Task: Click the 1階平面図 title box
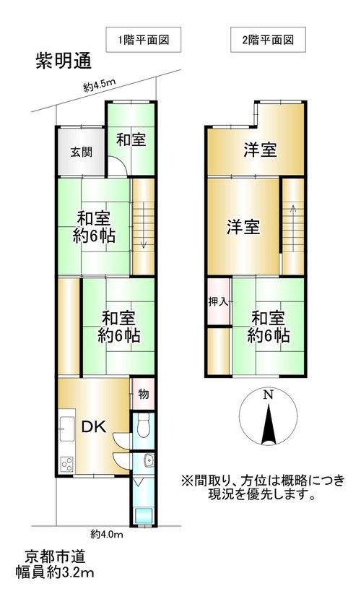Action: click(144, 40)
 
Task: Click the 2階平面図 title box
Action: click(268, 40)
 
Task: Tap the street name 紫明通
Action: click(64, 61)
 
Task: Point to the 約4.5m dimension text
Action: click(100, 85)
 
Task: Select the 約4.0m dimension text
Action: click(107, 535)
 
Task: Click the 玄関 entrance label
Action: click(82, 152)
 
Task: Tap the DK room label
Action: click(94, 426)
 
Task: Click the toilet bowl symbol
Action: click(144, 426)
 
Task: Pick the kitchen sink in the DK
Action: click(67, 429)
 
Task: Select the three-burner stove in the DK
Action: click(66, 464)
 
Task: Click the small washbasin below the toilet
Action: click(148, 461)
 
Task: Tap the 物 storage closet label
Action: click(144, 394)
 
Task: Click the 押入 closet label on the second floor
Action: click(219, 301)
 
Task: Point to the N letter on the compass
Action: click(267, 395)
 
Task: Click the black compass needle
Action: click(268, 424)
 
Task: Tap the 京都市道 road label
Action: click(55, 556)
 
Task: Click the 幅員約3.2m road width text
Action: click(55, 572)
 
